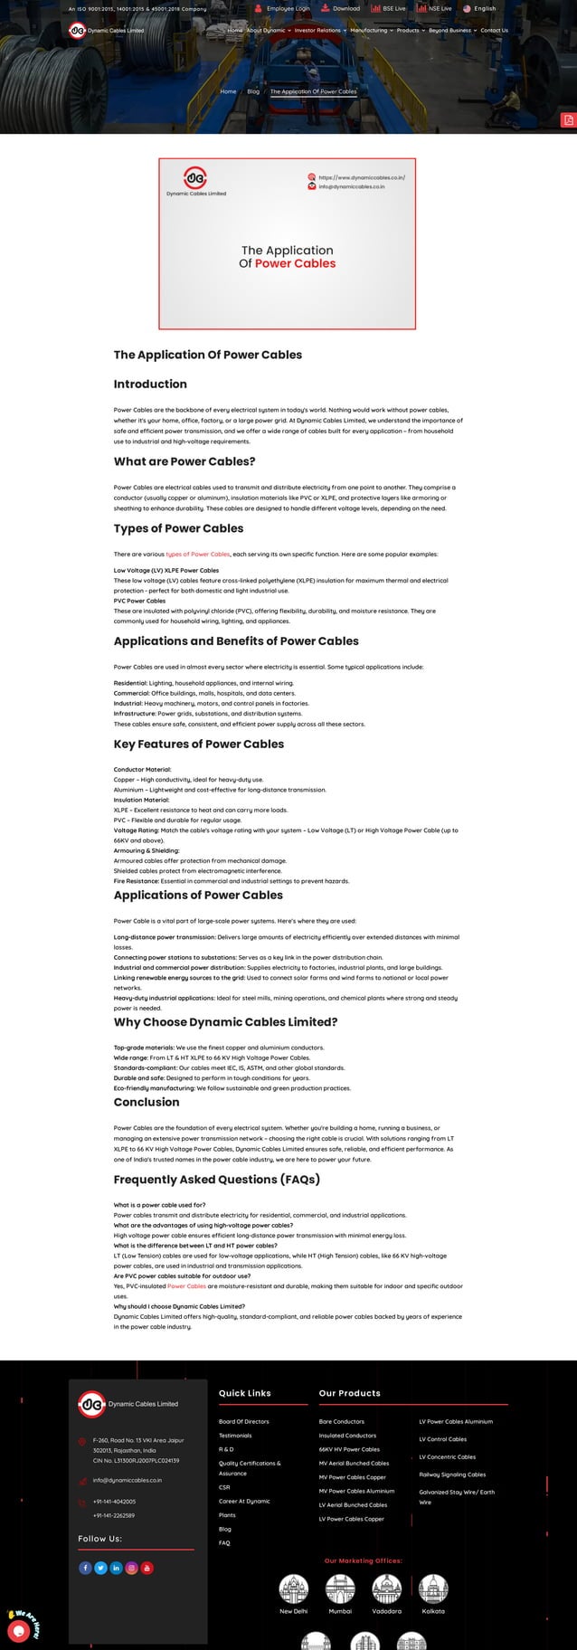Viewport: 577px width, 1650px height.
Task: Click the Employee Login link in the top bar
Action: [x=287, y=8]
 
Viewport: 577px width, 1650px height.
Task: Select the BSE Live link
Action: [x=393, y=8]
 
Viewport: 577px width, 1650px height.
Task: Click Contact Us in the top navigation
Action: [x=494, y=30]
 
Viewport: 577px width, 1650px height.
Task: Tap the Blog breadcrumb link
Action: [x=253, y=91]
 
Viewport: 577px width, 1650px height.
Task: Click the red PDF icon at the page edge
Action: [x=568, y=120]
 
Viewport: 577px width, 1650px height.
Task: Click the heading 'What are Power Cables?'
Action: [x=184, y=461]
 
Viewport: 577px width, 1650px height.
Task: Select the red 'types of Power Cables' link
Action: [x=197, y=554]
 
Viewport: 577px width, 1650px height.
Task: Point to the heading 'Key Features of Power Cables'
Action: [x=198, y=744]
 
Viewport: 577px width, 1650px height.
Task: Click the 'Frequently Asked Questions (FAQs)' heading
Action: [x=216, y=1179]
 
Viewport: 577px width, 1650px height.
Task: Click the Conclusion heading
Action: [x=147, y=1102]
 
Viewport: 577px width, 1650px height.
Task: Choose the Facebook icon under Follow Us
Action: [x=85, y=1568]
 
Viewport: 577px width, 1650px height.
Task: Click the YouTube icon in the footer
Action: [x=147, y=1568]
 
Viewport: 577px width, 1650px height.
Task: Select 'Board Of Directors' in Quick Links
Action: [x=243, y=1421]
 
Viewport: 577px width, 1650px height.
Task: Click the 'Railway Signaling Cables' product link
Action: [x=452, y=1474]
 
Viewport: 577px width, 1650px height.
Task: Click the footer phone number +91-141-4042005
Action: [x=114, y=1501]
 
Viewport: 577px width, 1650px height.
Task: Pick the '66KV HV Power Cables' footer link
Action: [x=349, y=1449]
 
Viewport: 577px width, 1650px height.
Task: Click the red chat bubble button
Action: [x=15, y=1630]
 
